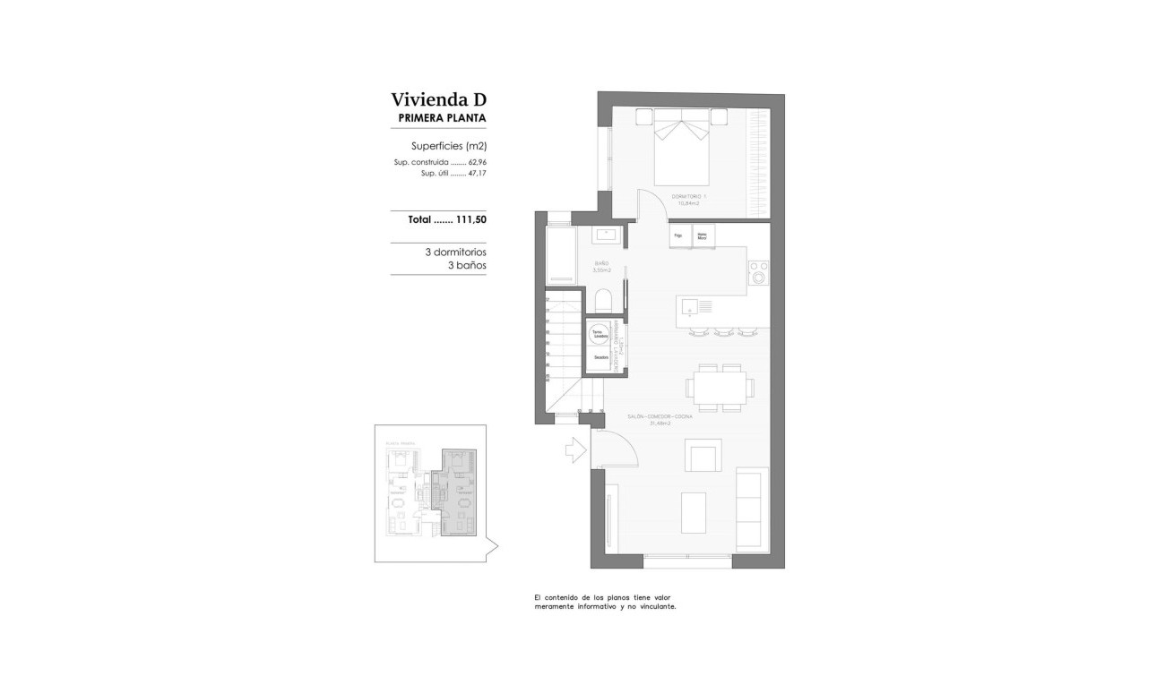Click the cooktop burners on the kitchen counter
[x=758, y=272]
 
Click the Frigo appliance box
[x=678, y=236]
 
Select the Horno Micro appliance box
[x=703, y=236]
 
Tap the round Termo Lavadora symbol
[x=598, y=335]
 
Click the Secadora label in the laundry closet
[x=600, y=358]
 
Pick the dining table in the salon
[x=720, y=388]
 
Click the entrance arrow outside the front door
[x=574, y=449]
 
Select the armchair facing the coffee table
[x=702, y=456]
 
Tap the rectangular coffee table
[x=694, y=512]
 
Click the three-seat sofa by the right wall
[x=749, y=510]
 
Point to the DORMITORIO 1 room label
[x=688, y=197]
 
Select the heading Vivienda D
[x=438, y=99]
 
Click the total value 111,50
[x=470, y=219]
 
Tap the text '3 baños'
[x=466, y=266]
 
